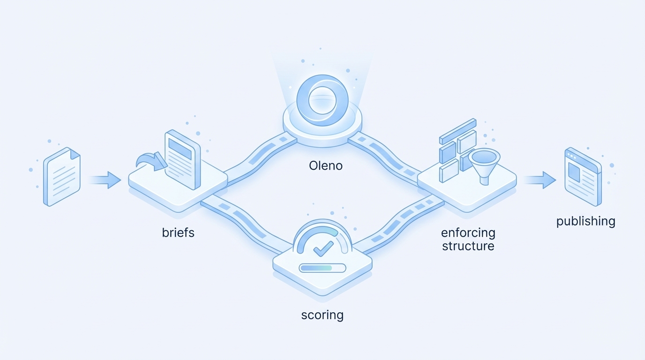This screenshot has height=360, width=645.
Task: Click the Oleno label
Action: point(326,165)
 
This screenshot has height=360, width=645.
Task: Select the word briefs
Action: point(178,232)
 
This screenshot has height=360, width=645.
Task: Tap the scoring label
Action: point(322,315)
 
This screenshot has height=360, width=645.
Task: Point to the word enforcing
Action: point(468,232)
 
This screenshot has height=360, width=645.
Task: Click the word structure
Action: point(468,246)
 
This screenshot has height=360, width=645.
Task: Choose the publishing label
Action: point(585,221)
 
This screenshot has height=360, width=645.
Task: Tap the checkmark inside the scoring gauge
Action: point(323,248)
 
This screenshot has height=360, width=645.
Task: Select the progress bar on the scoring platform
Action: point(322,268)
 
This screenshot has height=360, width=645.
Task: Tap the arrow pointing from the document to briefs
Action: point(105,180)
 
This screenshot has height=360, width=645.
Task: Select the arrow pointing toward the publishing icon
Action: point(540,180)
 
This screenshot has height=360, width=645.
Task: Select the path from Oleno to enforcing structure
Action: point(387,155)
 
